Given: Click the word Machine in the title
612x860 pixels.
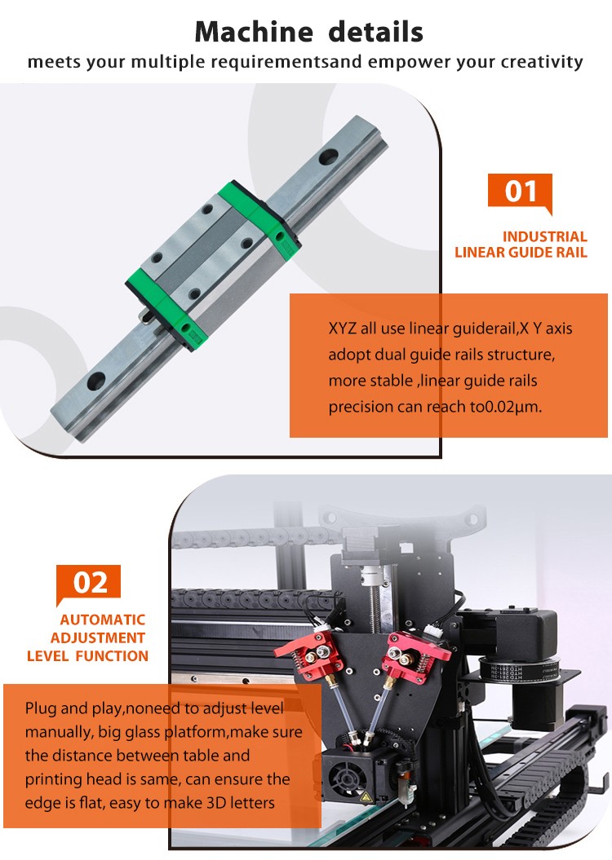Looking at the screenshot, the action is click(x=253, y=32).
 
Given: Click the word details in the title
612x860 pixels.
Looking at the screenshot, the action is click(x=376, y=32).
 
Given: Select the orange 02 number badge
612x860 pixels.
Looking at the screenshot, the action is click(x=88, y=584).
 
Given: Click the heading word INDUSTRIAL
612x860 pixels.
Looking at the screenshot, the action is click(x=545, y=236).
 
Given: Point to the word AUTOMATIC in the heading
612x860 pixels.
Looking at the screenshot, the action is click(x=103, y=620).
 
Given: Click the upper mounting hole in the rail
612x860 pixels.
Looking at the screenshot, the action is click(x=328, y=158).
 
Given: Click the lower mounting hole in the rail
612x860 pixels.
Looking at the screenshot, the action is click(x=96, y=381).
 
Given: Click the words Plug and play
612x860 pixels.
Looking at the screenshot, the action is click(x=73, y=708).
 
